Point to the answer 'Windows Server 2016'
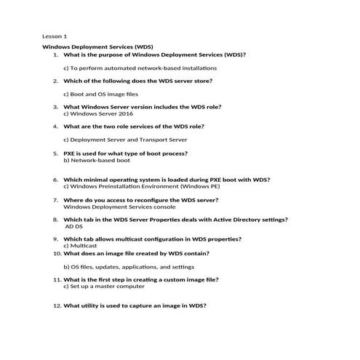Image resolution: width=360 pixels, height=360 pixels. tap(93, 113)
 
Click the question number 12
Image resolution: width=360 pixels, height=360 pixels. tap(57, 305)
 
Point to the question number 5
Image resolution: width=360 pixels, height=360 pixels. tap(55, 153)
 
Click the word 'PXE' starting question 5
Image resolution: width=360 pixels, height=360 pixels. tap(70, 153)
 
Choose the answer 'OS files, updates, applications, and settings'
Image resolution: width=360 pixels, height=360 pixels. tap(127, 266)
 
